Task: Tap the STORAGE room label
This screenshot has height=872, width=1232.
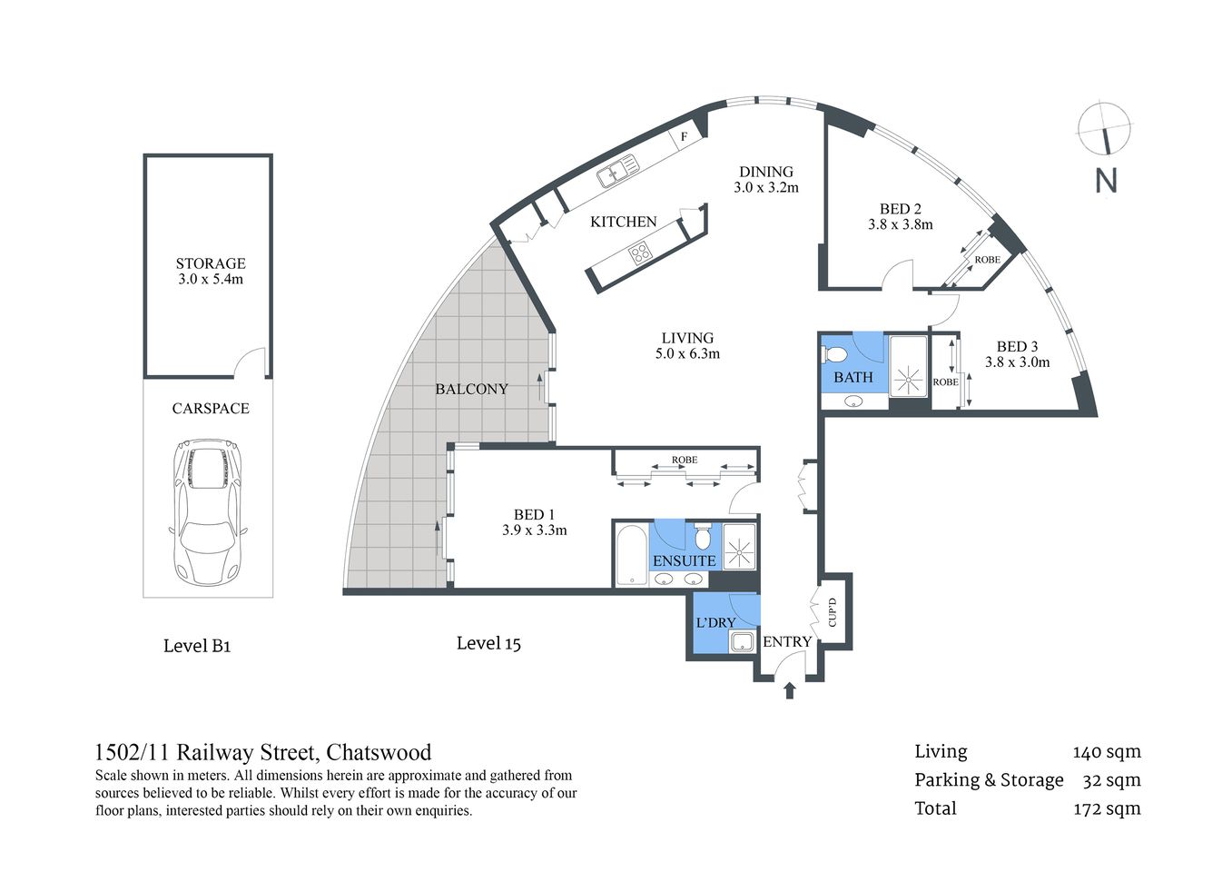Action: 211,263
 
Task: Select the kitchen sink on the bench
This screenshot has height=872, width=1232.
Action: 615,172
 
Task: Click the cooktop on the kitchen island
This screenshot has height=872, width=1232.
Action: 640,253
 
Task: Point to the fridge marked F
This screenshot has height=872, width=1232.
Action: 685,137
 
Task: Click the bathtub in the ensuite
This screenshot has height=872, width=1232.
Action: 630,553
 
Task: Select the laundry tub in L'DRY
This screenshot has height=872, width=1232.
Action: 743,641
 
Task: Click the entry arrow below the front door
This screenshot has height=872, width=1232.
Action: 789,691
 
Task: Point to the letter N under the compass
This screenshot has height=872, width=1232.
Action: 1106,180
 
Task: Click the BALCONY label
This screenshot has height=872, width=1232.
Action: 471,389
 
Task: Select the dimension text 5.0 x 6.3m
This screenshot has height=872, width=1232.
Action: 687,354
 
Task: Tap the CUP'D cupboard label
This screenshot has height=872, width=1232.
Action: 833,611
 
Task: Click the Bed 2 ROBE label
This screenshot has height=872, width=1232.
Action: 987,260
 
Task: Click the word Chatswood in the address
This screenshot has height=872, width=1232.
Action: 379,752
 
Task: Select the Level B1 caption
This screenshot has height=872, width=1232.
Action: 197,646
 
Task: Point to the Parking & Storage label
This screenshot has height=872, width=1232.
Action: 989,780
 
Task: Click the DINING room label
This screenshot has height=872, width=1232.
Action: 765,172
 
